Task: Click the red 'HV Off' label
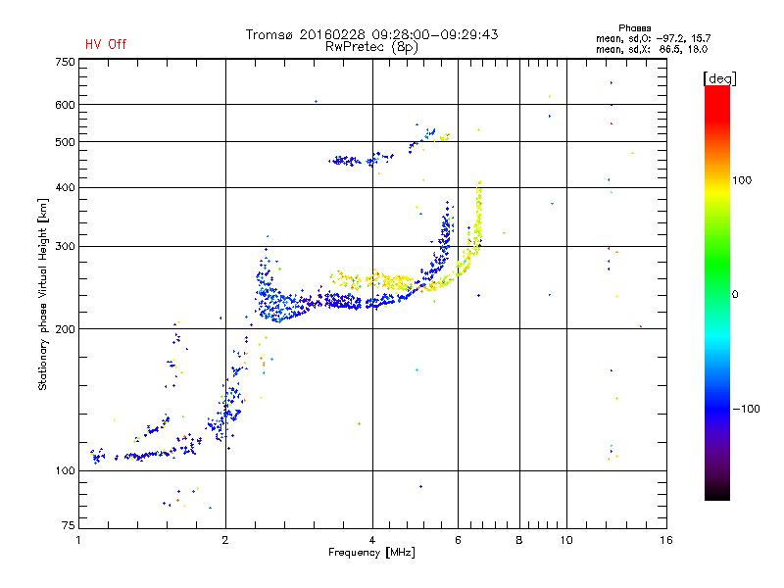[106, 44]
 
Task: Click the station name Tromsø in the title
[269, 34]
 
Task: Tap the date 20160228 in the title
[332, 34]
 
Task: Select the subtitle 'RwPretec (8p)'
[371, 47]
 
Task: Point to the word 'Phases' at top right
[634, 28]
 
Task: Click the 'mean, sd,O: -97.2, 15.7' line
[653, 38]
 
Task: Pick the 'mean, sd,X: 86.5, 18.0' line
[652, 49]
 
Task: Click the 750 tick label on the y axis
[65, 62]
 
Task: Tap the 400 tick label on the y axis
[65, 187]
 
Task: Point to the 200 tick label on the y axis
[65, 329]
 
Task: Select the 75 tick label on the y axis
[69, 525]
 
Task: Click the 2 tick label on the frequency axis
[225, 540]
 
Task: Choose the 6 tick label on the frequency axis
[458, 540]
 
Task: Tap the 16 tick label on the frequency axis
[666, 540]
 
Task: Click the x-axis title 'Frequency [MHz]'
[371, 553]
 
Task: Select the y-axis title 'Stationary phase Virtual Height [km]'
[43, 295]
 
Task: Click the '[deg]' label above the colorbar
[719, 78]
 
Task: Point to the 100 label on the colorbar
[742, 180]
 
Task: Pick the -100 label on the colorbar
[746, 409]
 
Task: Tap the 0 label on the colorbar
[735, 295]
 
